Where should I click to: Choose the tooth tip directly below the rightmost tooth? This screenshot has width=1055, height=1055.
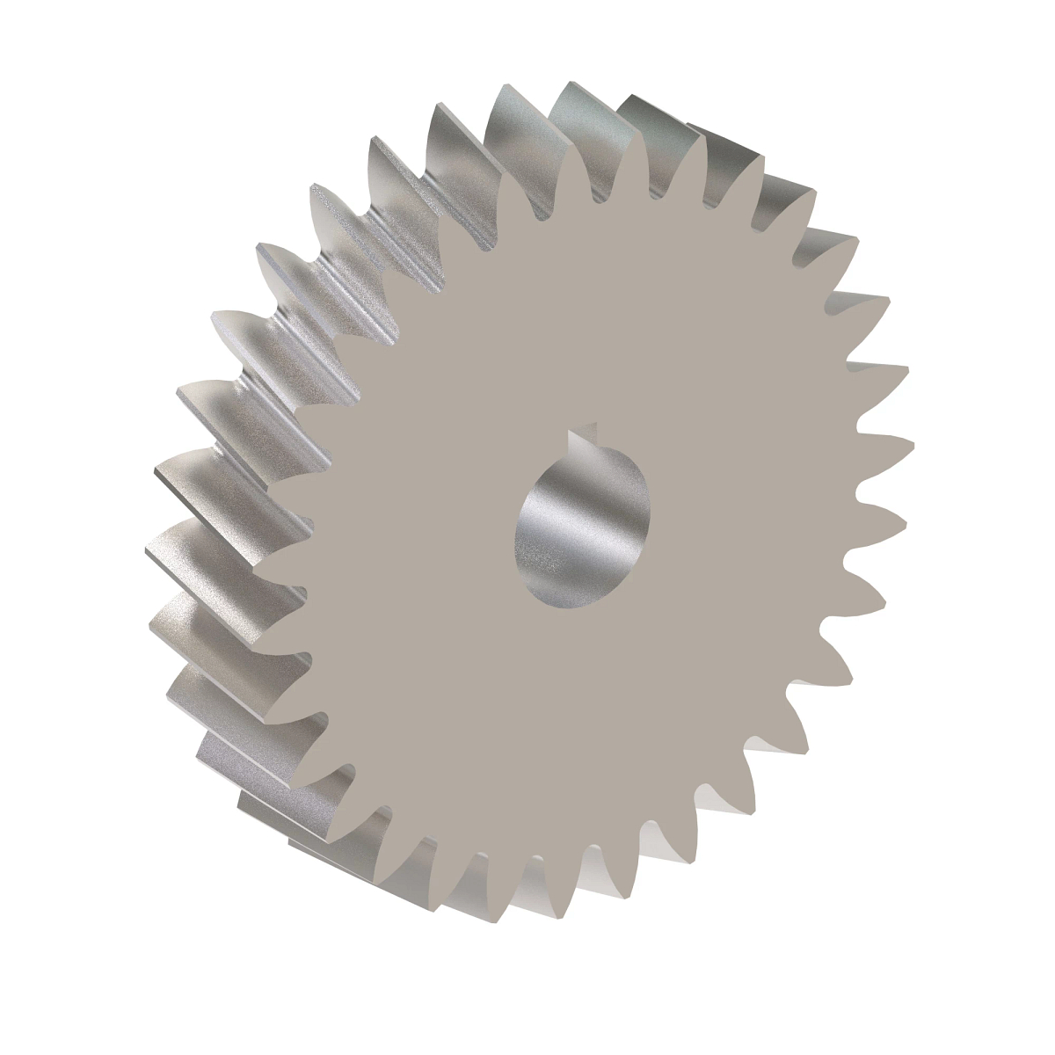coord(902,519)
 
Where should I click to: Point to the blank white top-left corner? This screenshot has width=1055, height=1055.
coord(35,35)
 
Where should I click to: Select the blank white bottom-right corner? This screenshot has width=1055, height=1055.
coord(1020,1020)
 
